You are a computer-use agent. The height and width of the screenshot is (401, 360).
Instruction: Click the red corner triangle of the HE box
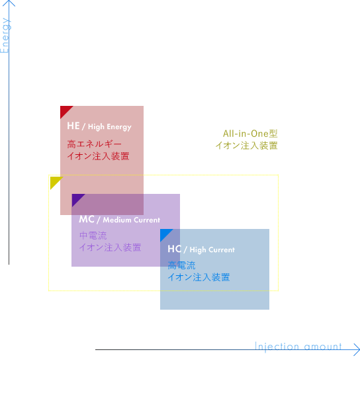point(65,111)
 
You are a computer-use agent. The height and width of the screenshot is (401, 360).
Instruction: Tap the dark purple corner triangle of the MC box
point(76,199)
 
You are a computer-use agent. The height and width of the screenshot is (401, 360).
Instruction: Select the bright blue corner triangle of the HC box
point(165,234)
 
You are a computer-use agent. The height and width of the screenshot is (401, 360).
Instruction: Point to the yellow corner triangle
point(54,181)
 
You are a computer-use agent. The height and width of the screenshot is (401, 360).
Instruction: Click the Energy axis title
point(5,36)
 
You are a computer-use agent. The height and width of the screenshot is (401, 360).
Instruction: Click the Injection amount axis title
point(298,347)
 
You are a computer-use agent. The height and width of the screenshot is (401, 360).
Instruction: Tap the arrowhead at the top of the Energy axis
point(9,3)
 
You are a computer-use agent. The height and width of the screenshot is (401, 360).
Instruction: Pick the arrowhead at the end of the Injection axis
point(357,349)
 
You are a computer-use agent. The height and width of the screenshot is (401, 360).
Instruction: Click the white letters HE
point(73,126)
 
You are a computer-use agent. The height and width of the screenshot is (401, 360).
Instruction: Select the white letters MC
point(87,219)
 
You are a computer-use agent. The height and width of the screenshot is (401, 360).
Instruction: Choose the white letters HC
point(175,249)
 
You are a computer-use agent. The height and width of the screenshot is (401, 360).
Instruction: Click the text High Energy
point(110,127)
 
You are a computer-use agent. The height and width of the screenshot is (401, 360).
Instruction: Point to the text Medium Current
point(132,220)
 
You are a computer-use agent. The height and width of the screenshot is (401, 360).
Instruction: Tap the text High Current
point(212,250)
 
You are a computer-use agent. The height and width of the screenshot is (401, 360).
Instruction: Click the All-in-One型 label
point(250,134)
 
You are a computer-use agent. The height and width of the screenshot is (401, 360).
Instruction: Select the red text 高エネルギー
point(95,144)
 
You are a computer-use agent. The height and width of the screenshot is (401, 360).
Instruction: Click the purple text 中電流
point(93,236)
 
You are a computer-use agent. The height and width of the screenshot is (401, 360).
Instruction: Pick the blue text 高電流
point(181,265)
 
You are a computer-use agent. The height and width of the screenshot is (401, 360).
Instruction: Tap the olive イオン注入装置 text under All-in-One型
point(246,146)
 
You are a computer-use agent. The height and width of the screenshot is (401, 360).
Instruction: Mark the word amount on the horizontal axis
point(323,347)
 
